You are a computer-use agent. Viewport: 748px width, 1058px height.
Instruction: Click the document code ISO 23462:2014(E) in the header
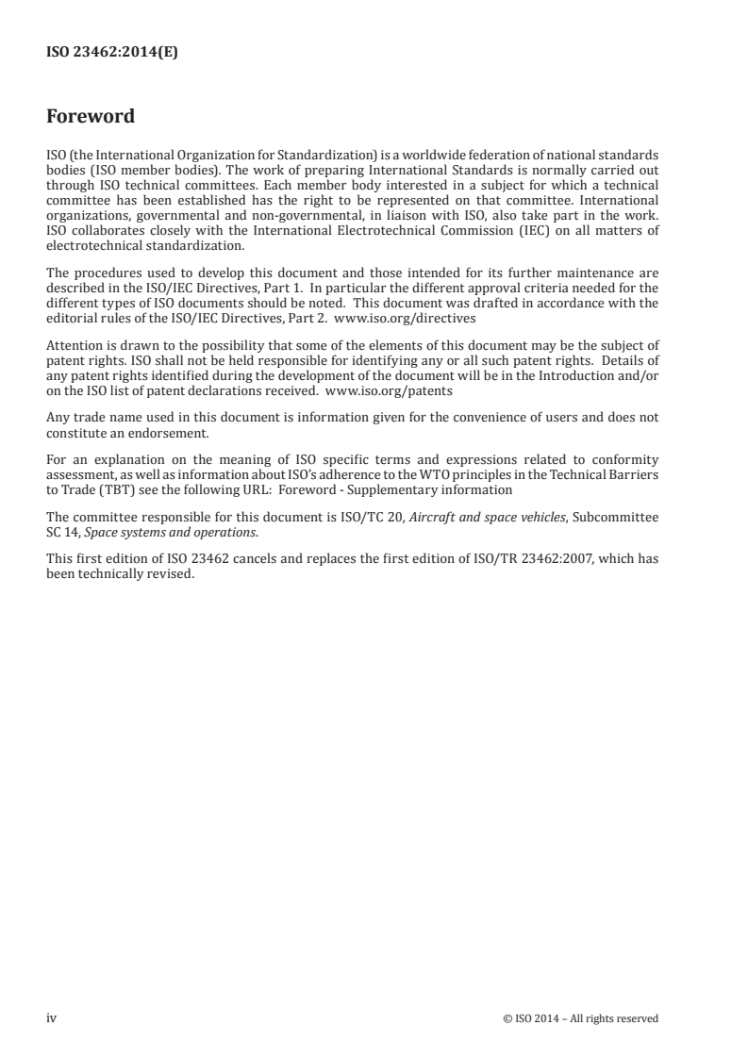tap(112, 54)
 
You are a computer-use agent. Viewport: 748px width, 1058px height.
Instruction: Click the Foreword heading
tap(91, 117)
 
